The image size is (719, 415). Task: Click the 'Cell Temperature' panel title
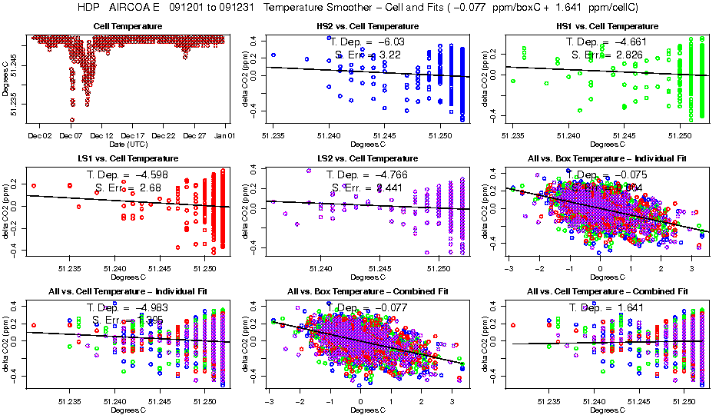[x=128, y=26]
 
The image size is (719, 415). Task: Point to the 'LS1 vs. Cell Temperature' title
[x=128, y=159]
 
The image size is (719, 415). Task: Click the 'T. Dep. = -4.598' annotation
[x=128, y=175]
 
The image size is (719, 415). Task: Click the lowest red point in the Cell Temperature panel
[x=72, y=119]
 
